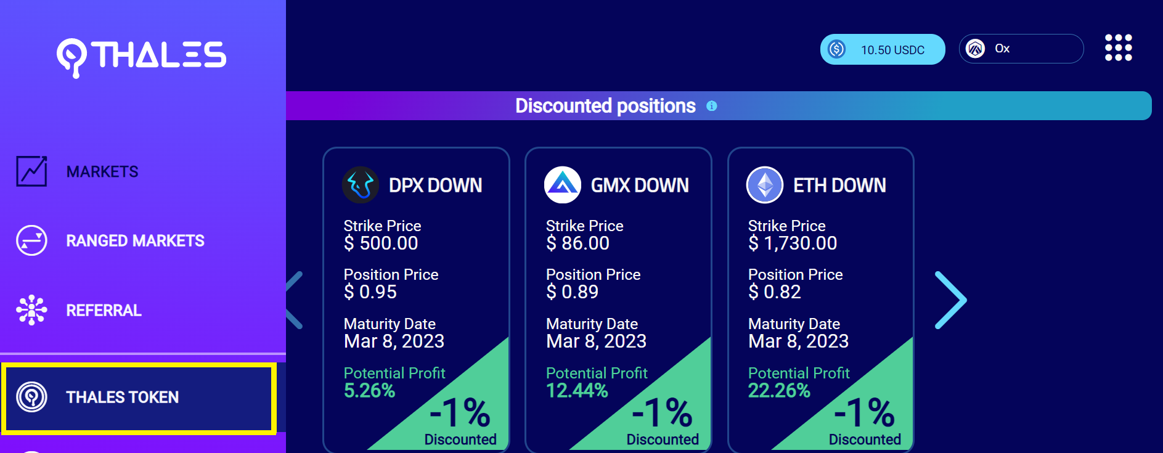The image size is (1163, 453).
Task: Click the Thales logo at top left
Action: (x=141, y=55)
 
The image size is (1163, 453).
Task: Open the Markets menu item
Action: (x=102, y=172)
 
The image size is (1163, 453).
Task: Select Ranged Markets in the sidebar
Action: (x=135, y=241)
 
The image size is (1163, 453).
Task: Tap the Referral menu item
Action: (x=104, y=311)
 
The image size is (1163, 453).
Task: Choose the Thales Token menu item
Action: (x=122, y=398)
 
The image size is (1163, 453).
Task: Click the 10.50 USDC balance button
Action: (x=882, y=49)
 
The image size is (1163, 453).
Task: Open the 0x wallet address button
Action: (x=1021, y=49)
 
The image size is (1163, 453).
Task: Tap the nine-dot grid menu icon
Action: (x=1118, y=48)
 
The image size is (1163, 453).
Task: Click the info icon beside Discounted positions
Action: (x=711, y=106)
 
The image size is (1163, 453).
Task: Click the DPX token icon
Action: (x=361, y=185)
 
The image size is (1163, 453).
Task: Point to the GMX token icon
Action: (x=563, y=185)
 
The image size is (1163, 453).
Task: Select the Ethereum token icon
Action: (x=765, y=185)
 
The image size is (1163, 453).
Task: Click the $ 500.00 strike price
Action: (x=381, y=243)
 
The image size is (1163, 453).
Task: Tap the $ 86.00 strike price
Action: (x=577, y=243)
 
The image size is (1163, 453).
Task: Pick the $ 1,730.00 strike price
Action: (x=793, y=243)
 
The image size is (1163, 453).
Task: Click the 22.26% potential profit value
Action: (x=779, y=391)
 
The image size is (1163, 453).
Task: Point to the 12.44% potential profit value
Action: (x=577, y=391)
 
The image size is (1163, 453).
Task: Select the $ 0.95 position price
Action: (x=370, y=292)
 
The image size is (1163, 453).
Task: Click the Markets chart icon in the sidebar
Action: (x=31, y=171)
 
